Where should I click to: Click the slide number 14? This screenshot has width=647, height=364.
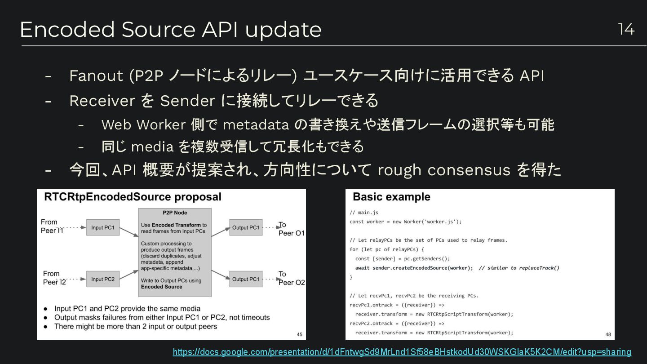626,29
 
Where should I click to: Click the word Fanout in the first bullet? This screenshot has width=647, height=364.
96,76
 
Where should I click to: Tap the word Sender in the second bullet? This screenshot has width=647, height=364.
187,101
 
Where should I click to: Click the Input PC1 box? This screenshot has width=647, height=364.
103,228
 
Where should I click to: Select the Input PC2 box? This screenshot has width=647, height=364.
103,279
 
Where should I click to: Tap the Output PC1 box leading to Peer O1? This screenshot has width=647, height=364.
246,228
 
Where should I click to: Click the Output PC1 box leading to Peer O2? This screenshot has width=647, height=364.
246,279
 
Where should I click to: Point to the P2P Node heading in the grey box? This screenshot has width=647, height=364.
175,213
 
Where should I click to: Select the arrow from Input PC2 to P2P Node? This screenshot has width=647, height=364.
129,274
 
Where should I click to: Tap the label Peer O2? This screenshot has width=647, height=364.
292,283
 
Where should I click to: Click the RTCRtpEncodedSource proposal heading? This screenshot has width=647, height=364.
133,197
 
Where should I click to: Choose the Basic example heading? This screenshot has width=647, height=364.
391,197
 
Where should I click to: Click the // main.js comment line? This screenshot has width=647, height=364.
364,213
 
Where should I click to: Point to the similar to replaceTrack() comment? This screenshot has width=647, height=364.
519,268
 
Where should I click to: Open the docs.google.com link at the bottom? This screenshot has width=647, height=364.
402,352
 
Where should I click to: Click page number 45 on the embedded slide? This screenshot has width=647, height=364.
300,334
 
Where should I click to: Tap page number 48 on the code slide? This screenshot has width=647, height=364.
608,334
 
